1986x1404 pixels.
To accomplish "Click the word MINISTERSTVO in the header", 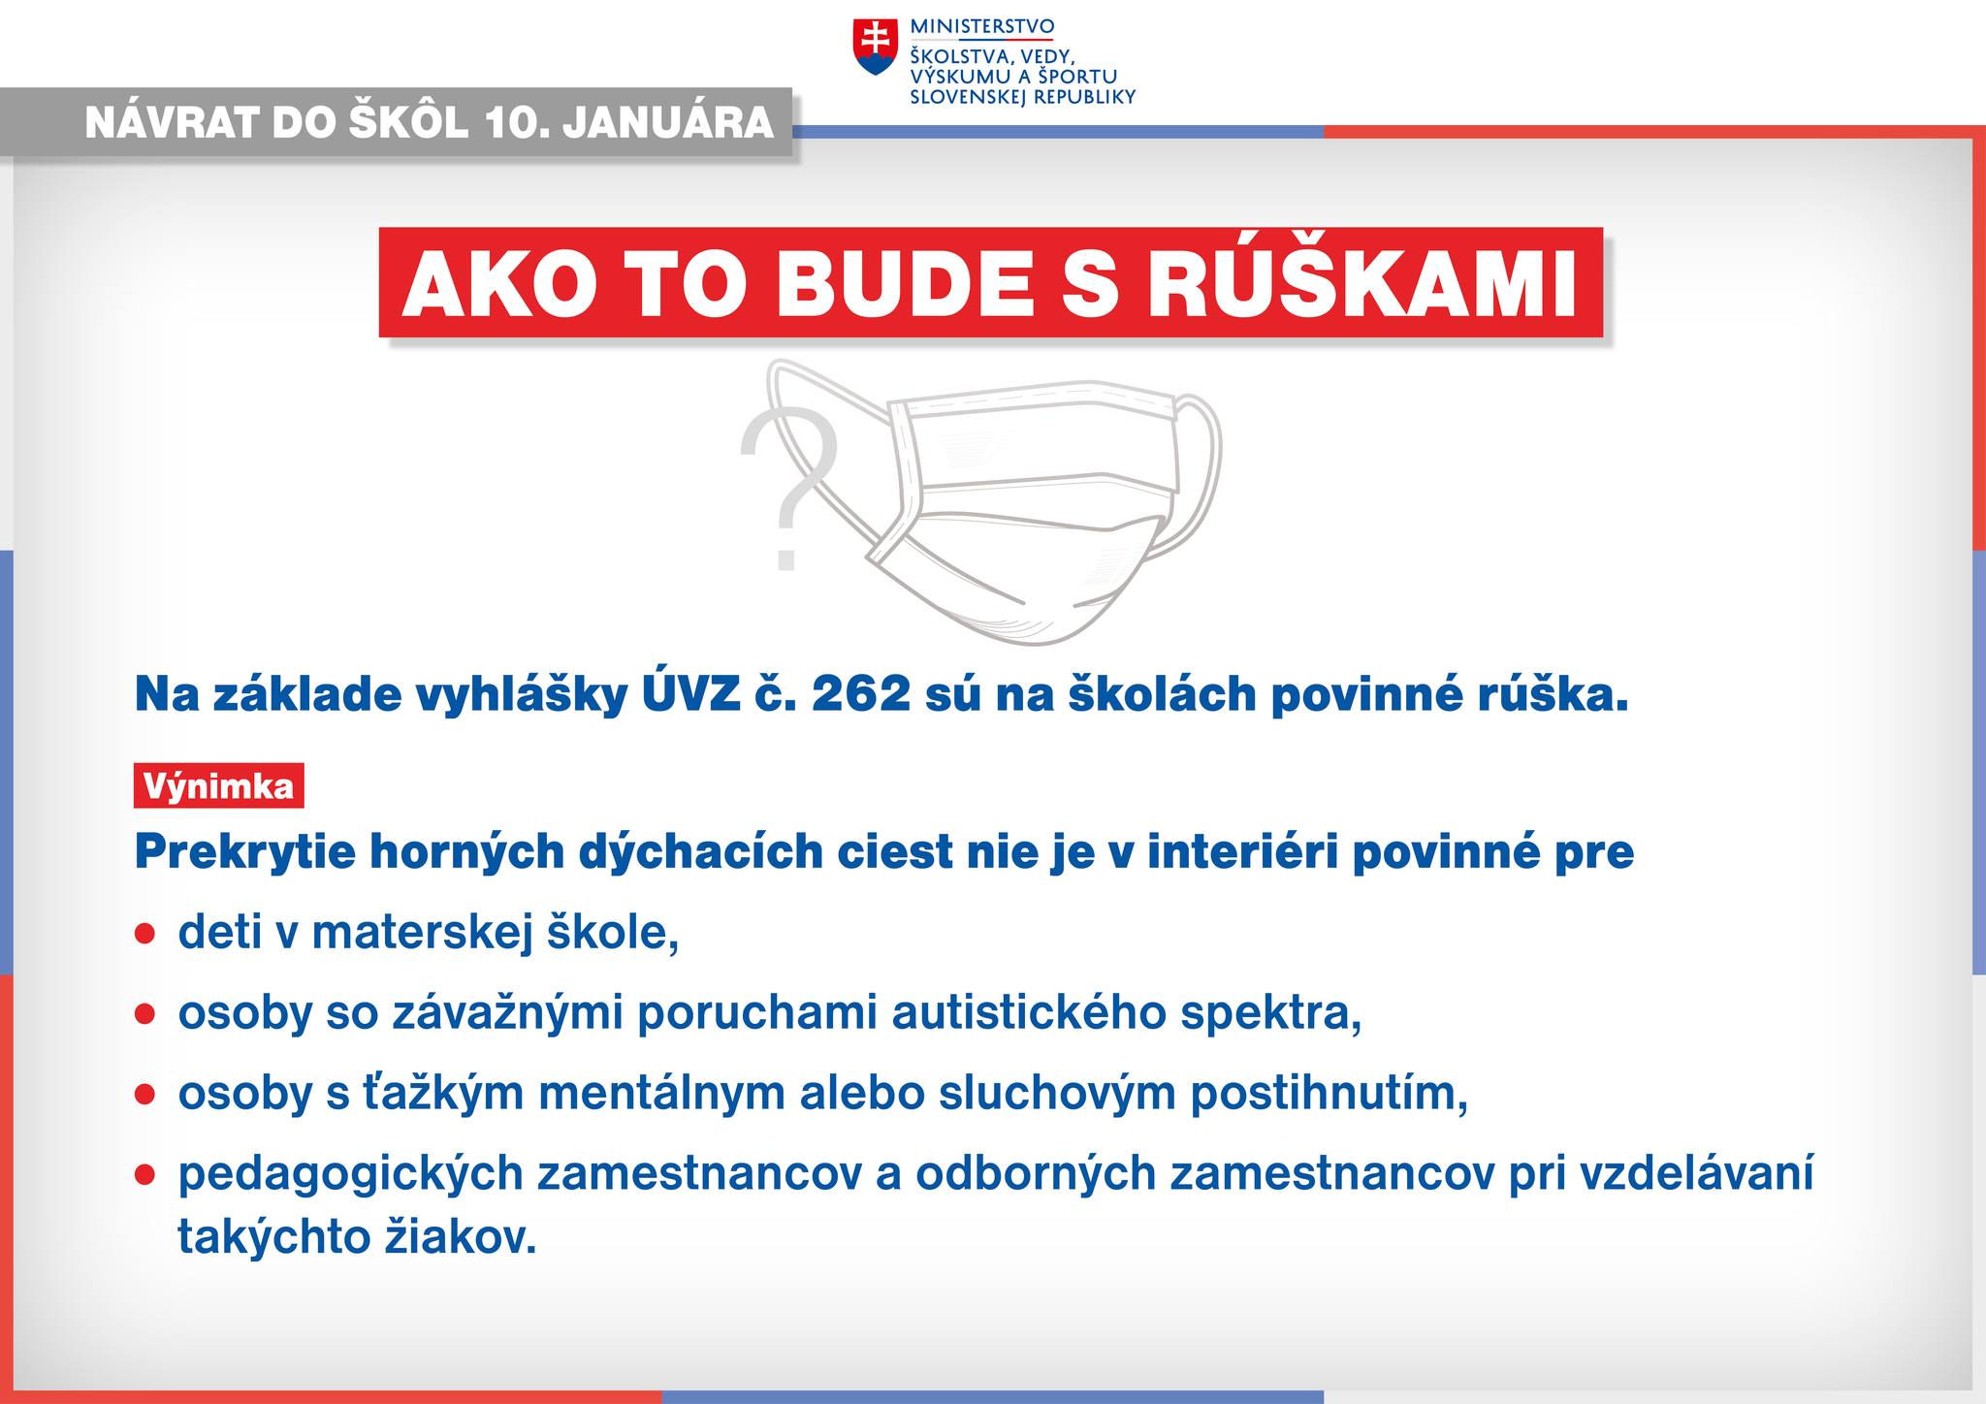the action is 981,26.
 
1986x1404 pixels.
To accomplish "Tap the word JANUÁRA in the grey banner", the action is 668,123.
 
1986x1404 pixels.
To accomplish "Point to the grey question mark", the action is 788,491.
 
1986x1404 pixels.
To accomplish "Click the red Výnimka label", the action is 218,785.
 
